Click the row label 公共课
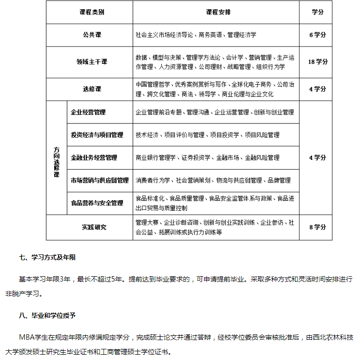click(x=92, y=35)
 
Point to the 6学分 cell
click(x=318, y=35)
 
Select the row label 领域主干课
click(x=92, y=62)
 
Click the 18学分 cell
click(x=318, y=62)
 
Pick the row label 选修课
click(x=92, y=89)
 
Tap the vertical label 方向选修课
click(x=56, y=158)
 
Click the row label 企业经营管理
click(x=88, y=112)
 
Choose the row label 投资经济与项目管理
click(x=97, y=135)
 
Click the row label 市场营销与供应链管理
click(x=99, y=180)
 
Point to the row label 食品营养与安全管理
click(x=97, y=203)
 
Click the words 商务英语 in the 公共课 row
click(x=210, y=35)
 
